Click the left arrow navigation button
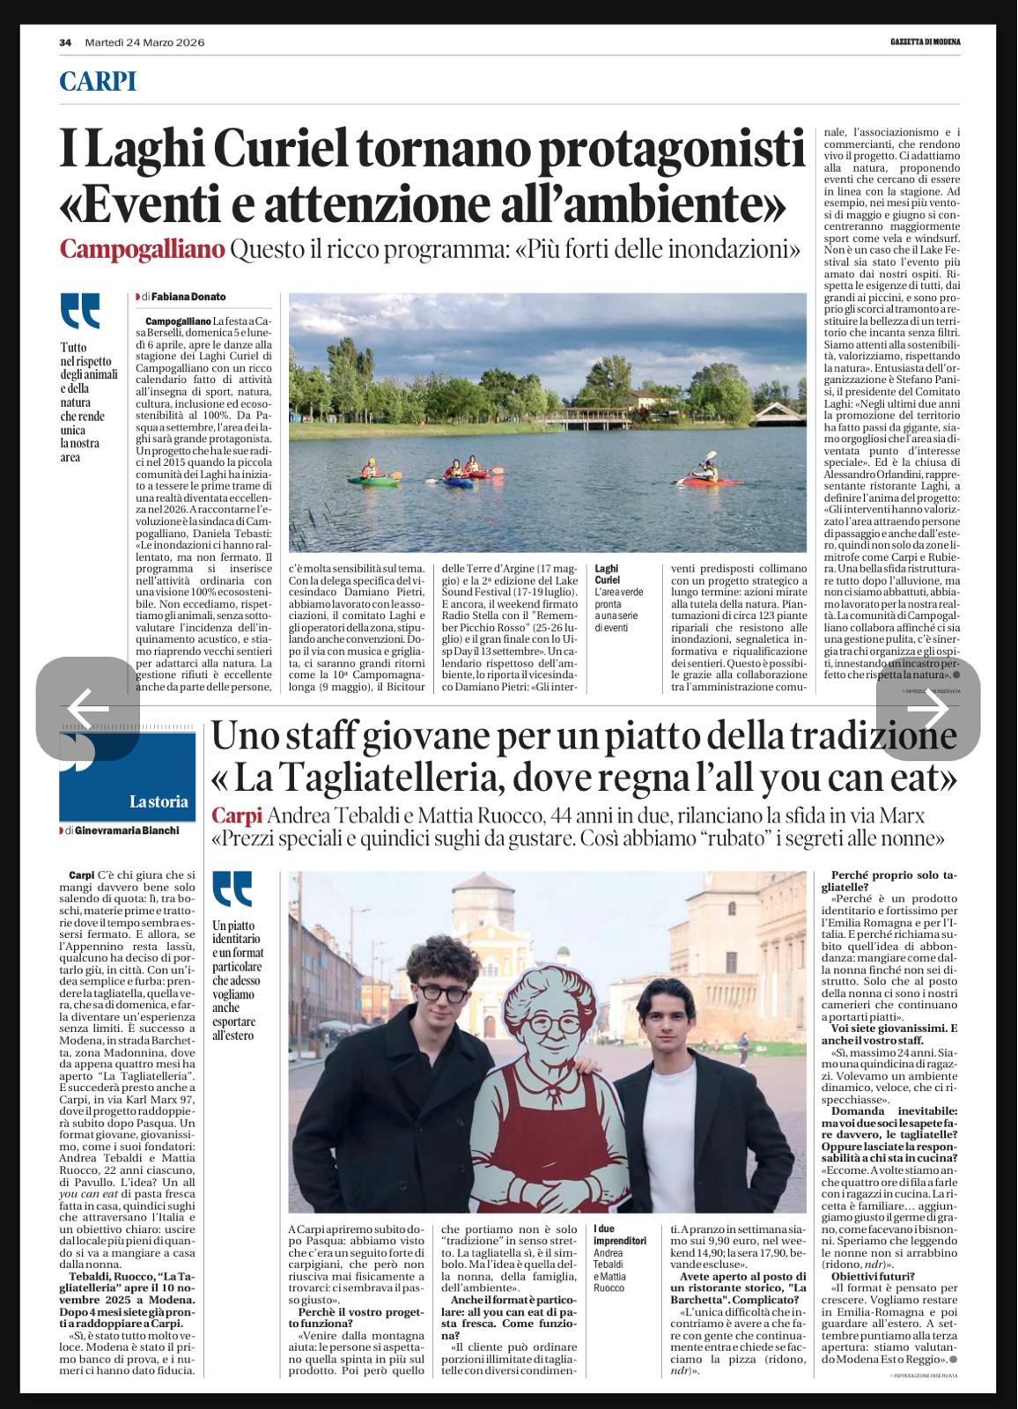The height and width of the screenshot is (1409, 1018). [87, 707]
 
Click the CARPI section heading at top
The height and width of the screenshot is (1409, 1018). [98, 82]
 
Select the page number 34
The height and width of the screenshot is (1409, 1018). [65, 42]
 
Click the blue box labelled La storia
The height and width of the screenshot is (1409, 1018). [128, 775]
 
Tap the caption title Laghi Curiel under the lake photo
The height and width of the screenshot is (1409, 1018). [608, 574]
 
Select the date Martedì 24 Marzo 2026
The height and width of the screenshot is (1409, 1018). [139, 42]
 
